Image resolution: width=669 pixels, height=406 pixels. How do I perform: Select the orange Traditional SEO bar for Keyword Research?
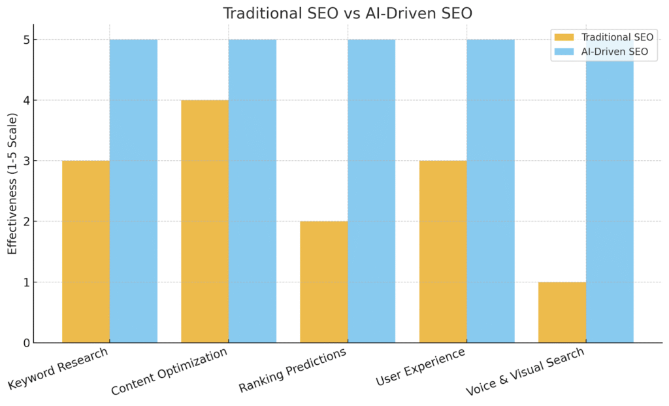pyautogui.click(x=86, y=252)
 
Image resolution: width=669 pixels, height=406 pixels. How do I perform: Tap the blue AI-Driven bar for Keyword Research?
pyautogui.click(x=133, y=191)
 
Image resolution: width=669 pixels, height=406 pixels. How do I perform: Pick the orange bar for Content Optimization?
pyautogui.click(x=204, y=221)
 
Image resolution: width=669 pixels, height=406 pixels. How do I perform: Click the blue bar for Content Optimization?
pyautogui.click(x=252, y=191)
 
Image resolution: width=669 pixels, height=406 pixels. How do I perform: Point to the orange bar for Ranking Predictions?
pyautogui.click(x=323, y=282)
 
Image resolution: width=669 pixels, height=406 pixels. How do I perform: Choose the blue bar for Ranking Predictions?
pyautogui.click(x=371, y=191)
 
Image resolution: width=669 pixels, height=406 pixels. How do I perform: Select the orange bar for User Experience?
pyautogui.click(x=443, y=252)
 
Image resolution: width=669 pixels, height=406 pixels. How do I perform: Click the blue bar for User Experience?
pyautogui.click(x=491, y=191)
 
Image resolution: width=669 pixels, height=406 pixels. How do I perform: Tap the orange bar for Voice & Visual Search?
pyautogui.click(x=562, y=312)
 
